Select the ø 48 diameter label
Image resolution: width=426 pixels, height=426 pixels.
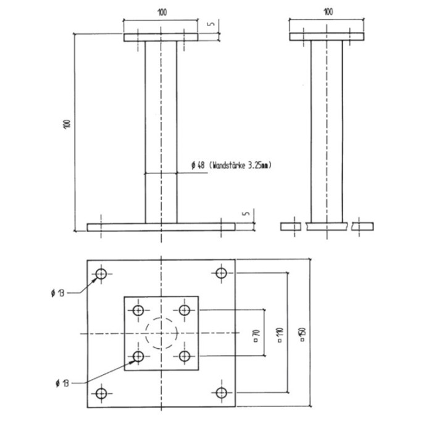pyautogui.click(x=198, y=165)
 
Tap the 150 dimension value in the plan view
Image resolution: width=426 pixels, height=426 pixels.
pyautogui.click(x=303, y=335)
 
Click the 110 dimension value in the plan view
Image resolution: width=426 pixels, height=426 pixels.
pyautogui.click(x=280, y=335)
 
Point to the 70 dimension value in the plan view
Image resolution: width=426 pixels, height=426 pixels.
pyautogui.click(x=257, y=336)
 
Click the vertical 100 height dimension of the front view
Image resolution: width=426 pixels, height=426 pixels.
pyautogui.click(x=67, y=124)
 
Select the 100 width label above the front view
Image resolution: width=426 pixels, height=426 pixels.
pyautogui.click(x=162, y=12)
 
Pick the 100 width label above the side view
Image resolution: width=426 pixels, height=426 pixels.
pyautogui.click(x=328, y=12)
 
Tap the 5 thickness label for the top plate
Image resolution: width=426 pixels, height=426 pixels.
pyautogui.click(x=211, y=23)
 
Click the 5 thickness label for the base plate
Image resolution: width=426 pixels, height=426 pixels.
pyautogui.click(x=246, y=213)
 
